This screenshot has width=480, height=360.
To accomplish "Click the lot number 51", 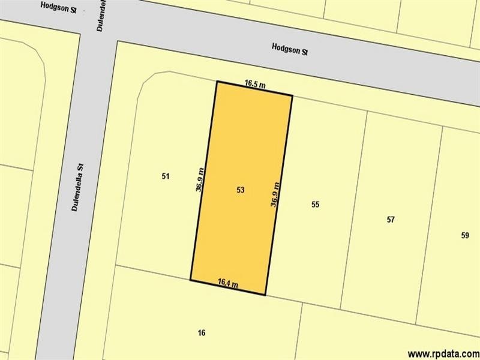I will point(166,176).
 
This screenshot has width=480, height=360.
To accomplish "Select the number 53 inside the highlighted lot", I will point(241,190).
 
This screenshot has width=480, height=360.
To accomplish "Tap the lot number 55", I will point(315,205).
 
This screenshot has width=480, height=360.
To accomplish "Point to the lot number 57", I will point(391,220).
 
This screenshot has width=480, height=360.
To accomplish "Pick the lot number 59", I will point(465,235).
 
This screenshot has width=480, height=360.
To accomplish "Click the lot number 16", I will point(202,332).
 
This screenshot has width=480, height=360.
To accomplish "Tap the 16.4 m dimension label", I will point(228,283).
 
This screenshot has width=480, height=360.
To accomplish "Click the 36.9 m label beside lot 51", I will point(199,179).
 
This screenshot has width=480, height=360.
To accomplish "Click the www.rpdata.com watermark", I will point(442,353).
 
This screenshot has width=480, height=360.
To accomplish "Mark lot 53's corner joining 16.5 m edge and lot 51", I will point(217,81).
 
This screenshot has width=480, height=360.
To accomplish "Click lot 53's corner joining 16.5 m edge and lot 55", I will point(292,95).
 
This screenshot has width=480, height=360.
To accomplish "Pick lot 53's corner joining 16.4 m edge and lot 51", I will point(190,280).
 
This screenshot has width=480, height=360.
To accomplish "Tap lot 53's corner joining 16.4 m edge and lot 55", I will point(265,295).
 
